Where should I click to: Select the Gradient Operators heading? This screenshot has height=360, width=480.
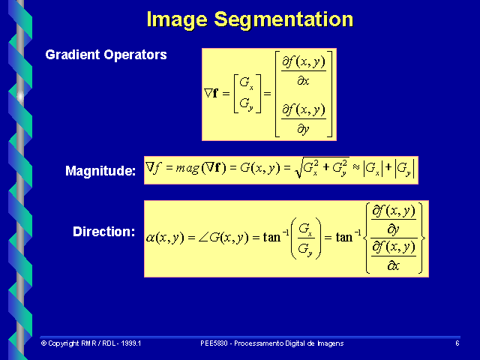(106, 55)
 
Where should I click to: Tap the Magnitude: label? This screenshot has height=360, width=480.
(100, 172)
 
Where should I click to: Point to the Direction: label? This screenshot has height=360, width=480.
(103, 232)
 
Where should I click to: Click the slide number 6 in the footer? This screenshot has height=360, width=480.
(457, 343)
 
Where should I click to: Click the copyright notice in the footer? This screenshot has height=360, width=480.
(91, 343)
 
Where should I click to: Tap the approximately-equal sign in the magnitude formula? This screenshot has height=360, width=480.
(355, 169)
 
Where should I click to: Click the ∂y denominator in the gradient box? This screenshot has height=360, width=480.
(303, 128)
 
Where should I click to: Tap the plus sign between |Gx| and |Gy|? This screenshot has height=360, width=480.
(388, 169)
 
